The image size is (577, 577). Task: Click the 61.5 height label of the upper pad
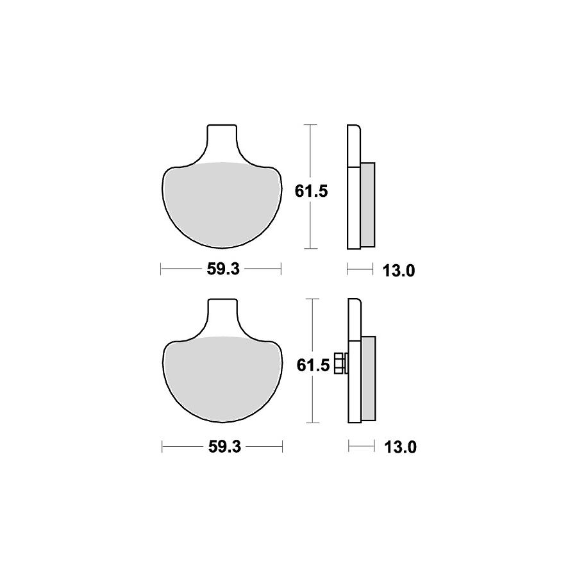311,191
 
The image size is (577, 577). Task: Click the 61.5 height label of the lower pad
313,365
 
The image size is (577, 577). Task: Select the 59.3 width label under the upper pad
223,269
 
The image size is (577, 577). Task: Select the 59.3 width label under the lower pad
224,447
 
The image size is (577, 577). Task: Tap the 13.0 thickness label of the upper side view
399,271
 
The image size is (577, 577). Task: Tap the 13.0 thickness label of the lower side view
400,447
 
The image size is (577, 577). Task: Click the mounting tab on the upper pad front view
222,143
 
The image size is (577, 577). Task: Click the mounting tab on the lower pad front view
222,317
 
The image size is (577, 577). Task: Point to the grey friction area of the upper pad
222,205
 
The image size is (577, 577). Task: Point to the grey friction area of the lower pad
222,379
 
